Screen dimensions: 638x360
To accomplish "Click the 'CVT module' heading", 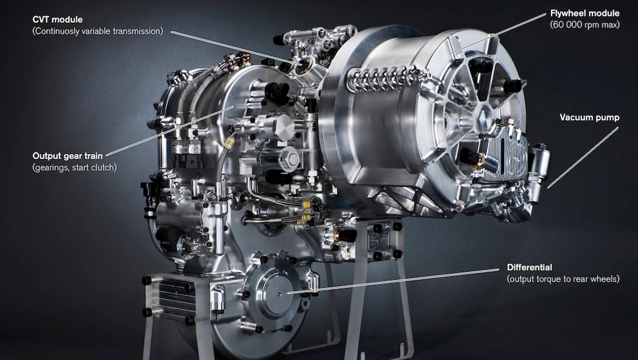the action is pyautogui.click(x=57, y=19).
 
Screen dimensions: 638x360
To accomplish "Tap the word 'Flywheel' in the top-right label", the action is pyautogui.click(x=566, y=13).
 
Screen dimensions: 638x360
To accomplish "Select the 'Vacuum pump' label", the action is pyautogui.click(x=589, y=118).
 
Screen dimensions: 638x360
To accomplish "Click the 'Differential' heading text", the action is pyautogui.click(x=529, y=267).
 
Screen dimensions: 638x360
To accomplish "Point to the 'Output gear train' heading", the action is pyautogui.click(x=67, y=156).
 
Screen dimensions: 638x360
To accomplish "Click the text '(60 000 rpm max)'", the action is pyautogui.click(x=585, y=25).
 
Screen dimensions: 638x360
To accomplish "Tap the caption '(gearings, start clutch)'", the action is pyautogui.click(x=74, y=167).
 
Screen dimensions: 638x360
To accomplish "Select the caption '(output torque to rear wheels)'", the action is pyautogui.click(x=563, y=279).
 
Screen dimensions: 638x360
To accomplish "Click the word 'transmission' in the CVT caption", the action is pyautogui.click(x=138, y=31).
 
